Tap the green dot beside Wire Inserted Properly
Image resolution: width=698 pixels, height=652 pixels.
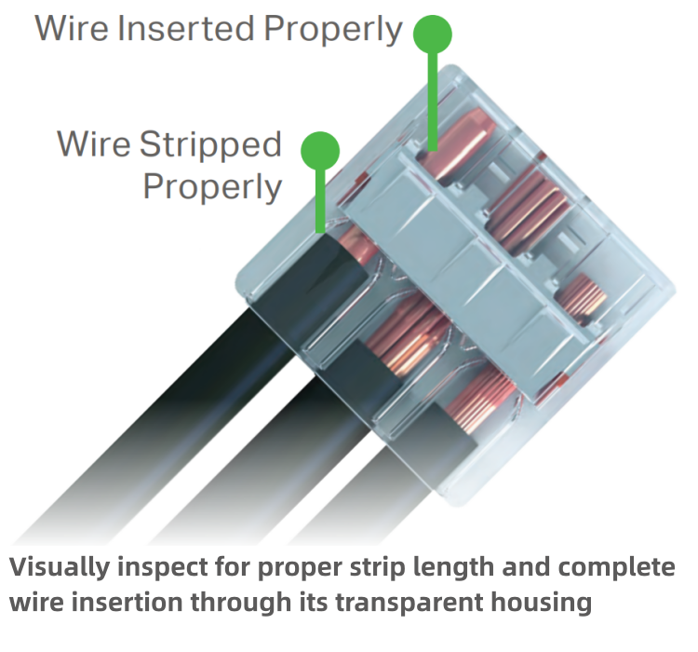(x=432, y=34)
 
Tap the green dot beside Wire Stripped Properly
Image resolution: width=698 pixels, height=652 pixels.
(x=321, y=150)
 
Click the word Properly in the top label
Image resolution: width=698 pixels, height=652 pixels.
(x=333, y=29)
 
